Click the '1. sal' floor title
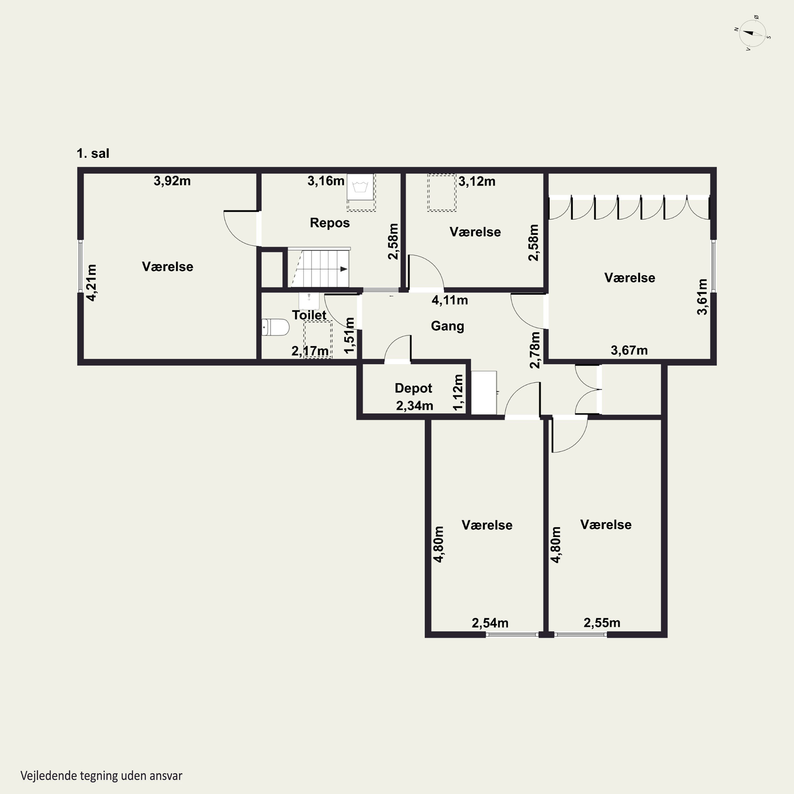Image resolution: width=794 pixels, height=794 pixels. click(93, 153)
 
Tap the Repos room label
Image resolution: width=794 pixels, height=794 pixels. click(330, 223)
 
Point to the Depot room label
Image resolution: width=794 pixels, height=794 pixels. click(413, 388)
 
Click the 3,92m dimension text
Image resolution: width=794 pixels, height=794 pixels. click(172, 181)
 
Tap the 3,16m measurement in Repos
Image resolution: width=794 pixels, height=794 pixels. click(326, 181)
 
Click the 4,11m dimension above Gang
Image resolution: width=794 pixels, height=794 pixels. click(450, 300)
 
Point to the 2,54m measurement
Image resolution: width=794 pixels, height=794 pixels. click(490, 623)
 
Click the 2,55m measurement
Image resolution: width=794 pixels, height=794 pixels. click(602, 622)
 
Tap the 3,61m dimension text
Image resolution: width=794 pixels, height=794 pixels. click(702, 297)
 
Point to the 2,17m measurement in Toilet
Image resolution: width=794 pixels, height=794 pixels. click(310, 351)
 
